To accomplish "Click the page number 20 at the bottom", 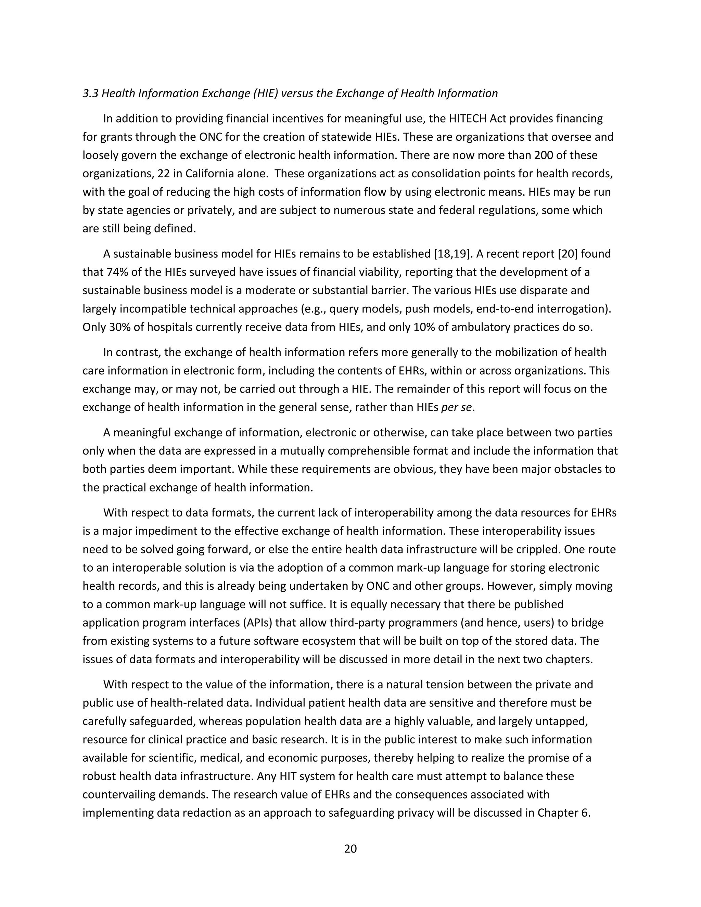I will [x=350, y=848].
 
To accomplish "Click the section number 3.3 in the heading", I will [x=90, y=93].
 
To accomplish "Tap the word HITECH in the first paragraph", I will [x=468, y=119].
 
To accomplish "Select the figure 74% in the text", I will [x=109, y=272].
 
